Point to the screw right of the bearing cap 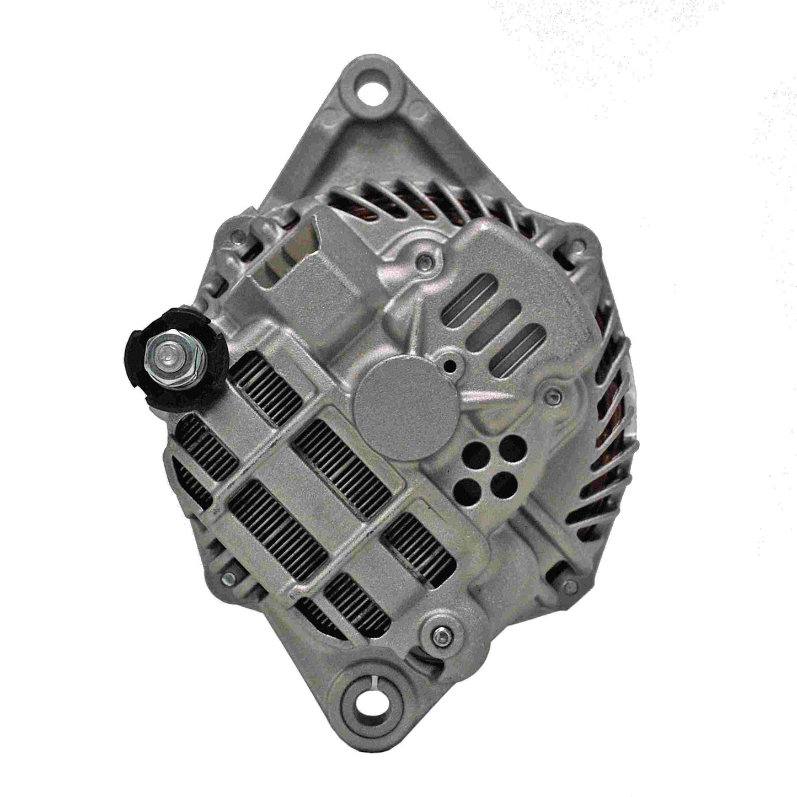point(552,393)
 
